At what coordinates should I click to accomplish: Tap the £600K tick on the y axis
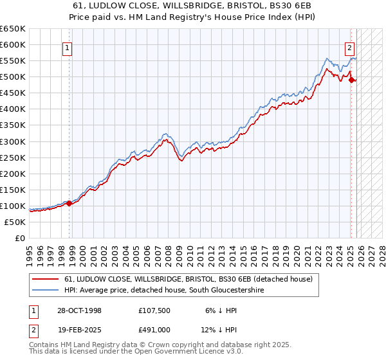(13, 45)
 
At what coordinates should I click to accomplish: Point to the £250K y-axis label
(13, 157)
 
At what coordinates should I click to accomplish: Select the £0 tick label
(19, 238)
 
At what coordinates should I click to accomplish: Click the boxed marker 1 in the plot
(68, 47)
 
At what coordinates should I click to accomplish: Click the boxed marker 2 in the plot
(349, 47)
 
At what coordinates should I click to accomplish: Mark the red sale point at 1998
(69, 203)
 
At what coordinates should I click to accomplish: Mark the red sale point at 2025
(351, 80)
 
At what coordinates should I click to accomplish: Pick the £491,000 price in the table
(154, 329)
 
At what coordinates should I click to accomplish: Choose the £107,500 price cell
(154, 310)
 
